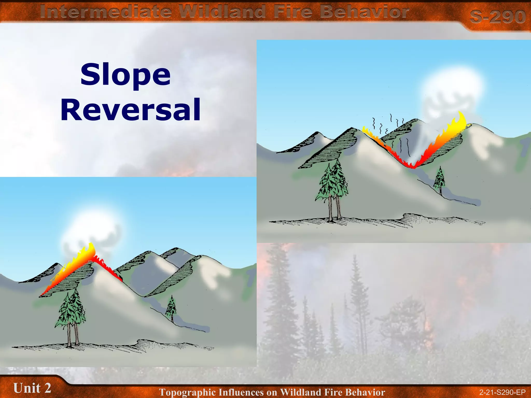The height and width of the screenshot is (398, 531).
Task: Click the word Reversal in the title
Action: pos(130,110)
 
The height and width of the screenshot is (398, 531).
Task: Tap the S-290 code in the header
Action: pos(498,16)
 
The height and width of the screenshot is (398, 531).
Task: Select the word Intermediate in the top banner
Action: pos(106,12)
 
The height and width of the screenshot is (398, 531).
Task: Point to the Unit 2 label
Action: pos(32,388)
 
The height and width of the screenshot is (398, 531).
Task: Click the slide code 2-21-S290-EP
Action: pos(502,392)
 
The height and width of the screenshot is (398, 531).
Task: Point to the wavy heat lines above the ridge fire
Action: pos(389,124)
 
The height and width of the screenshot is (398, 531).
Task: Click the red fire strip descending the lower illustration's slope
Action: pos(109,269)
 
